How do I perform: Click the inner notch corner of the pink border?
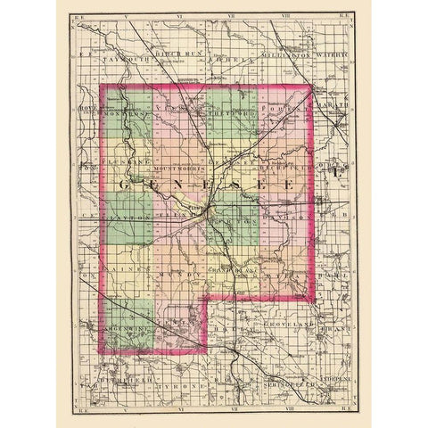click(x=208, y=300)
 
